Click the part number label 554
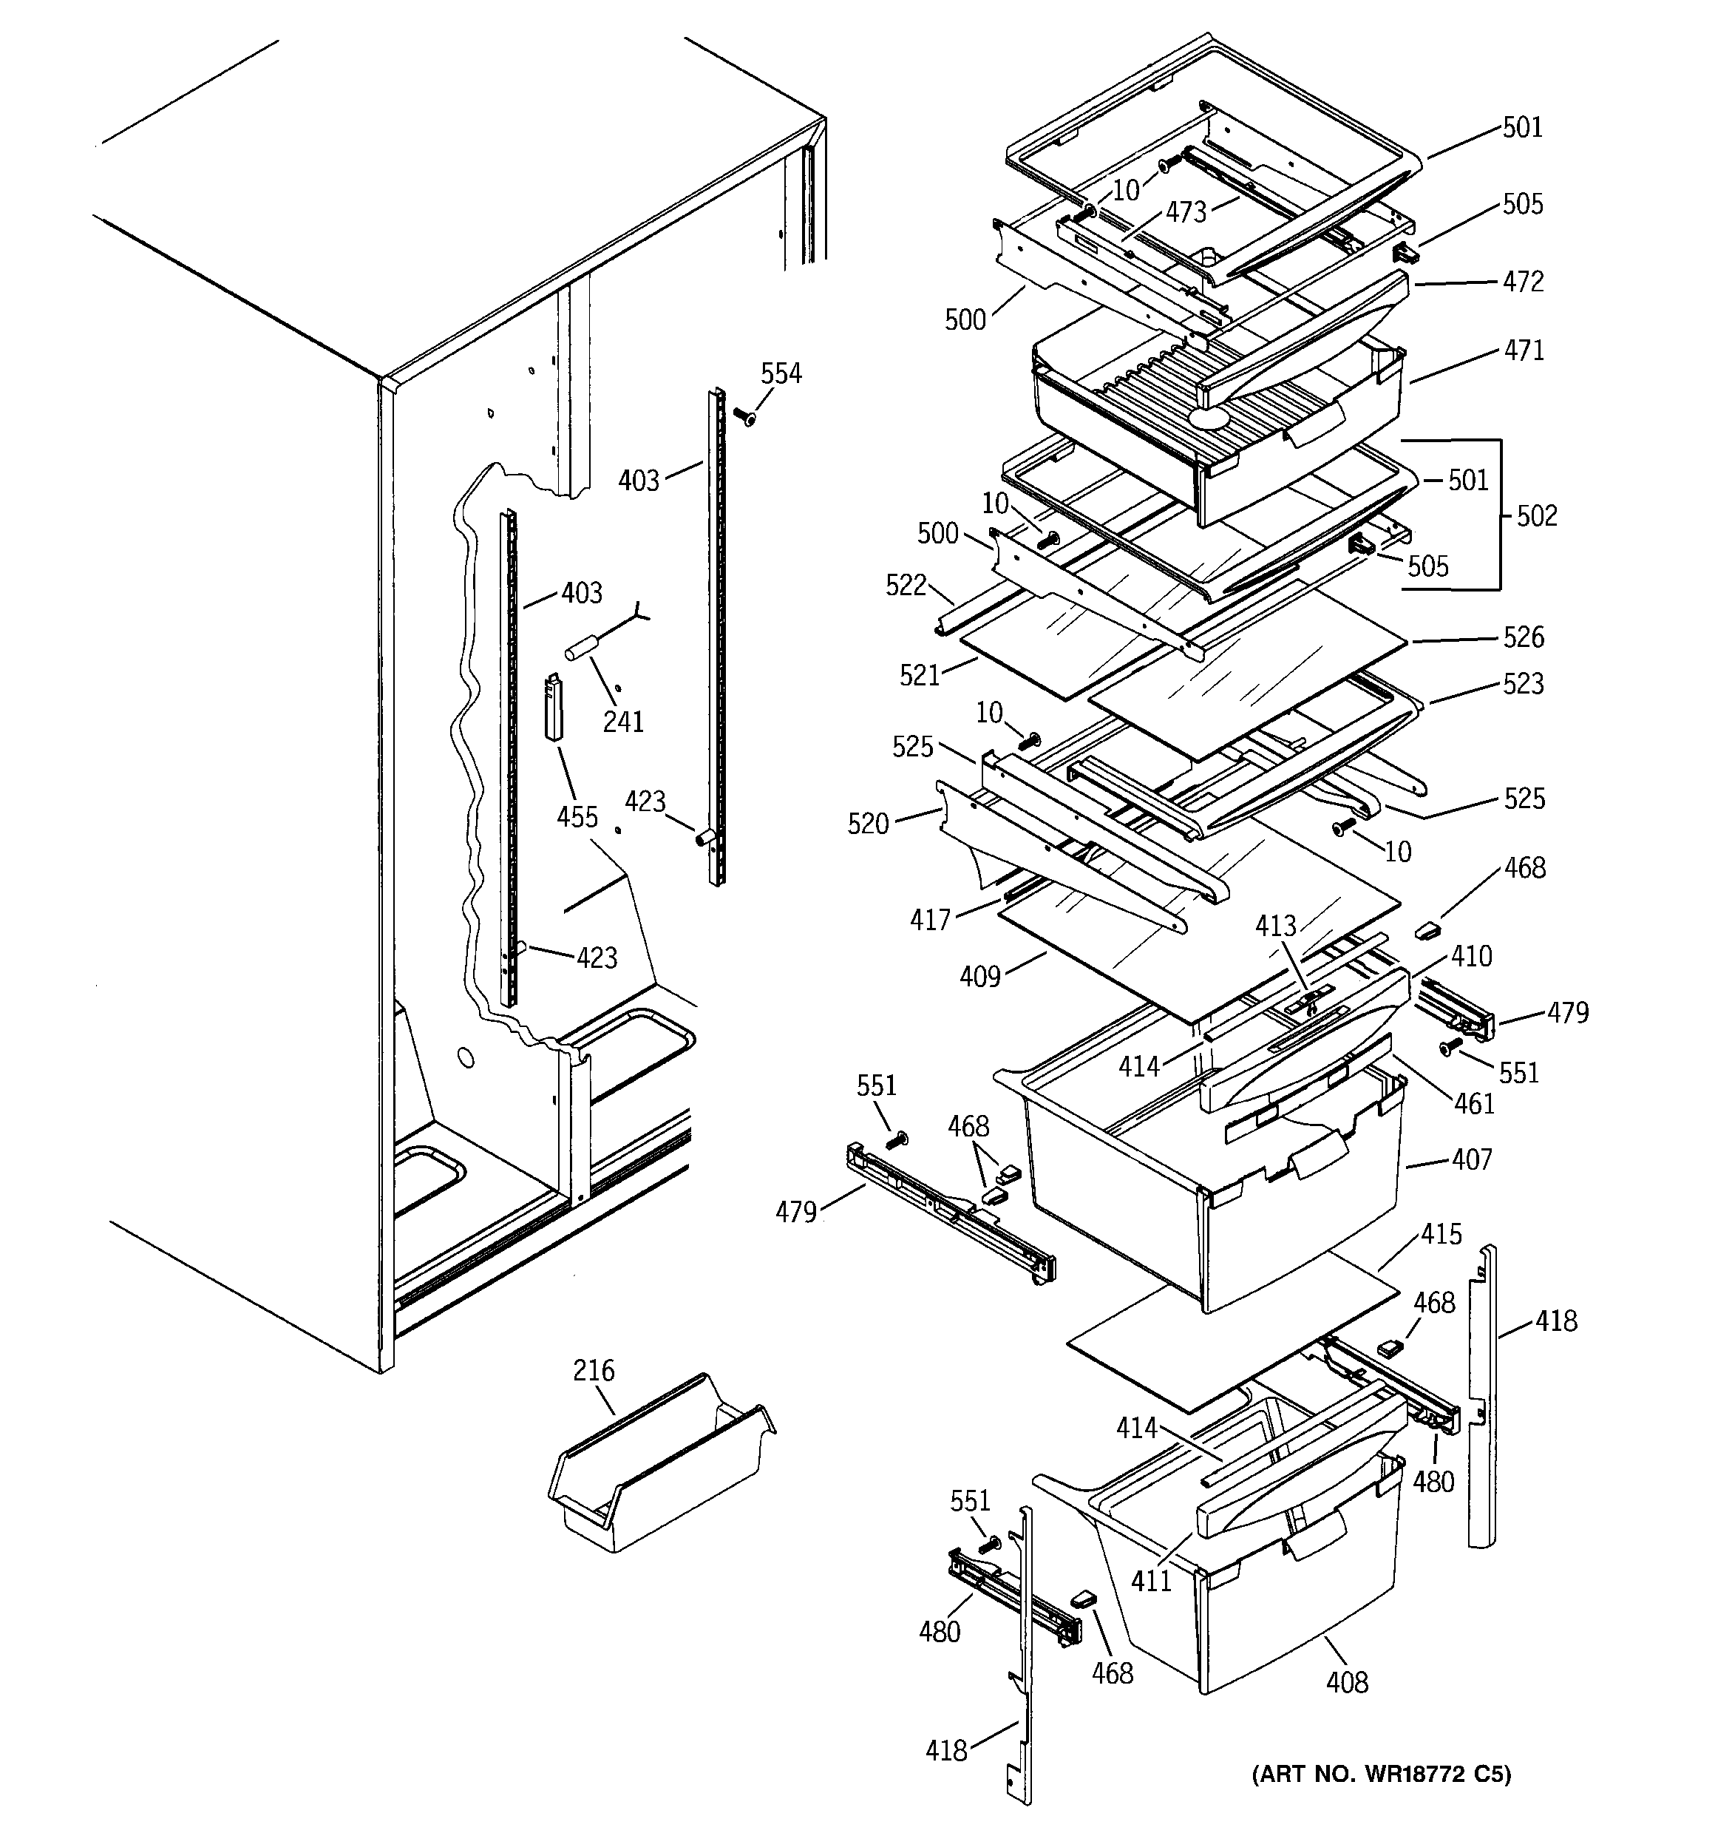pos(781,373)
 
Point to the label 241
pos(623,722)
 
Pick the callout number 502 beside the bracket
pos(1536,515)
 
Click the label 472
pos(1523,282)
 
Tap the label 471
pos(1524,350)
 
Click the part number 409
pos(979,977)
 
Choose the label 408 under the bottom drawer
pos(1347,1683)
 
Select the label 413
pos(1275,926)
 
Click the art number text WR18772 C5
pos(1381,1773)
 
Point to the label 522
pos(906,586)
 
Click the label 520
pos(868,824)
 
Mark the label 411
pos(1151,1582)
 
